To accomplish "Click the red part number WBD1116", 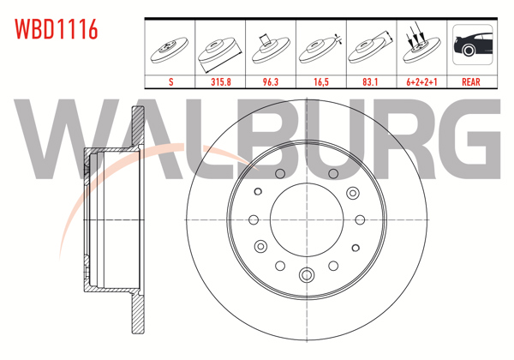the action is coord(56,29).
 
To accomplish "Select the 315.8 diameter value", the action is coord(221,81).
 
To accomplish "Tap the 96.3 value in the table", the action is coord(271,81).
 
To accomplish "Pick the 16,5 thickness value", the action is coord(321,81).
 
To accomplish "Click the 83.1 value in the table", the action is coord(370,81).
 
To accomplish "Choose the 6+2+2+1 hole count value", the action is coord(421,81).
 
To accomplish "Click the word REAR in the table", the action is coord(470,81).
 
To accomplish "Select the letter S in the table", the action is coord(170,81).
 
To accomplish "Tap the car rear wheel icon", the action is coord(472,45).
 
